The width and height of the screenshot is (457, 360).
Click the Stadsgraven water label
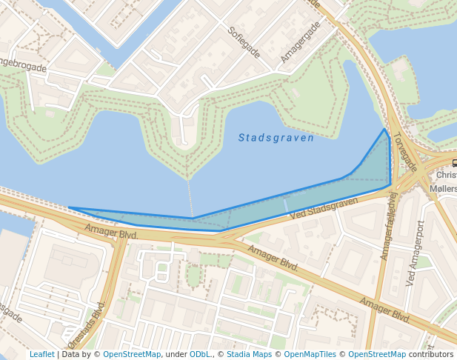pos(276,138)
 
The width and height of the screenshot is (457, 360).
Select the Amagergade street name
pos(301,41)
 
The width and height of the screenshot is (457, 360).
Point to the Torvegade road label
pos(406,152)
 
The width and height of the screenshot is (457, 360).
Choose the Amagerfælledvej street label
pos(389,226)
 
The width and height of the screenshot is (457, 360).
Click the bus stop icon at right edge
pos(454,164)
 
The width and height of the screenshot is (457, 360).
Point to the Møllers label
pos(443,189)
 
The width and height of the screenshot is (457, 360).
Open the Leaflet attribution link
pos(41,354)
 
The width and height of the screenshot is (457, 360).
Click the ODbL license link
pos(199,354)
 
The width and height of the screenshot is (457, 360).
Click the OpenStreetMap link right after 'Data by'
pos(132,354)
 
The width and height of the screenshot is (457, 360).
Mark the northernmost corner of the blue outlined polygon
pos(384,130)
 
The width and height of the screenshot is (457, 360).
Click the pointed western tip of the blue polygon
pos(69,207)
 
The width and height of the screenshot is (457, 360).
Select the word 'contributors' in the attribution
pos(430,354)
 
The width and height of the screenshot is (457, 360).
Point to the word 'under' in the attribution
pos(176,354)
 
